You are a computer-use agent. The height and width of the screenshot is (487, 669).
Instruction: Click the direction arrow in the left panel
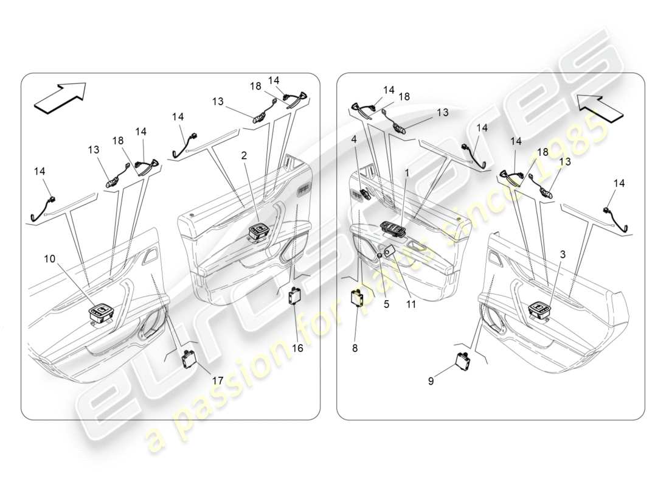coord(60,98)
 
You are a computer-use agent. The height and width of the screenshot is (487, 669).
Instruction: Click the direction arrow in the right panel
coord(601,107)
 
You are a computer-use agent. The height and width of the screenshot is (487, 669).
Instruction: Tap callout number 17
coord(217,380)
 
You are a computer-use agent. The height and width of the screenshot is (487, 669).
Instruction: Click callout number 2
coord(243,156)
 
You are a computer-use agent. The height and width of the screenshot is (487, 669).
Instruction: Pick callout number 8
coord(355,348)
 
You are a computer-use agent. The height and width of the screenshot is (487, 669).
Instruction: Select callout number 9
coord(431,382)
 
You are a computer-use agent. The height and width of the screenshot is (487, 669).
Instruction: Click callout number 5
coord(386,304)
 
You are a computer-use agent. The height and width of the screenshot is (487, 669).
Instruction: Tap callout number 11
coord(411,304)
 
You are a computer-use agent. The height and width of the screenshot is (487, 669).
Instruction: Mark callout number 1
coord(407,173)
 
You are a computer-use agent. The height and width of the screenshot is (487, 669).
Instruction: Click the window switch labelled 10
coord(100,314)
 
